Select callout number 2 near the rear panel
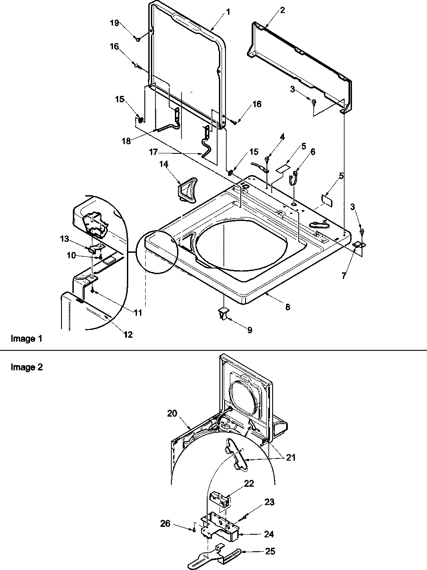tap(282, 10)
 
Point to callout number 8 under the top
tap(287, 307)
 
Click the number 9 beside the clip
tap(249, 330)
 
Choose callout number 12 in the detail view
tap(128, 335)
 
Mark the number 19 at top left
tap(114, 24)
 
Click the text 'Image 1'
tap(26, 338)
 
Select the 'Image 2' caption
tap(27, 367)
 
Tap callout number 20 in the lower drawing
tap(172, 413)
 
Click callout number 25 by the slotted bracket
tap(270, 551)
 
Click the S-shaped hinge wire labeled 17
tap(205, 142)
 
